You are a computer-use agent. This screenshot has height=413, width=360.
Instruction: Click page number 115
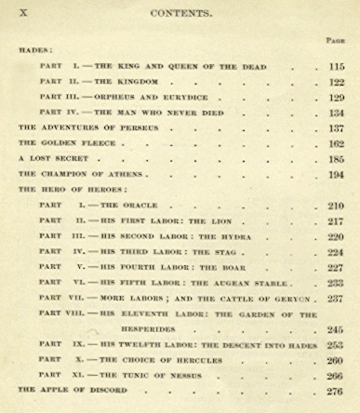(336, 67)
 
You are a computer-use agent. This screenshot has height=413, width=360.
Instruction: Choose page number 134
(336, 113)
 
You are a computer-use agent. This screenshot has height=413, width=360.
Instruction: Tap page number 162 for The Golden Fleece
(336, 143)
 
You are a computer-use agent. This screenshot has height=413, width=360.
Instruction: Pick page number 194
(336, 174)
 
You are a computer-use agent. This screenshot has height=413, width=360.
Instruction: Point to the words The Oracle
(130, 205)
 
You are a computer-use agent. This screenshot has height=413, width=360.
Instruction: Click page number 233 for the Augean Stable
(336, 283)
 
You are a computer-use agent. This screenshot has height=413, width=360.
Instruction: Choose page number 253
(336, 344)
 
